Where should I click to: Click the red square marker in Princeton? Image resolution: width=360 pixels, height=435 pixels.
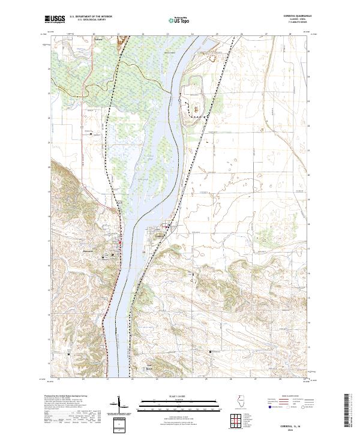119,242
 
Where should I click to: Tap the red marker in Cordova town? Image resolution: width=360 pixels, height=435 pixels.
166,227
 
